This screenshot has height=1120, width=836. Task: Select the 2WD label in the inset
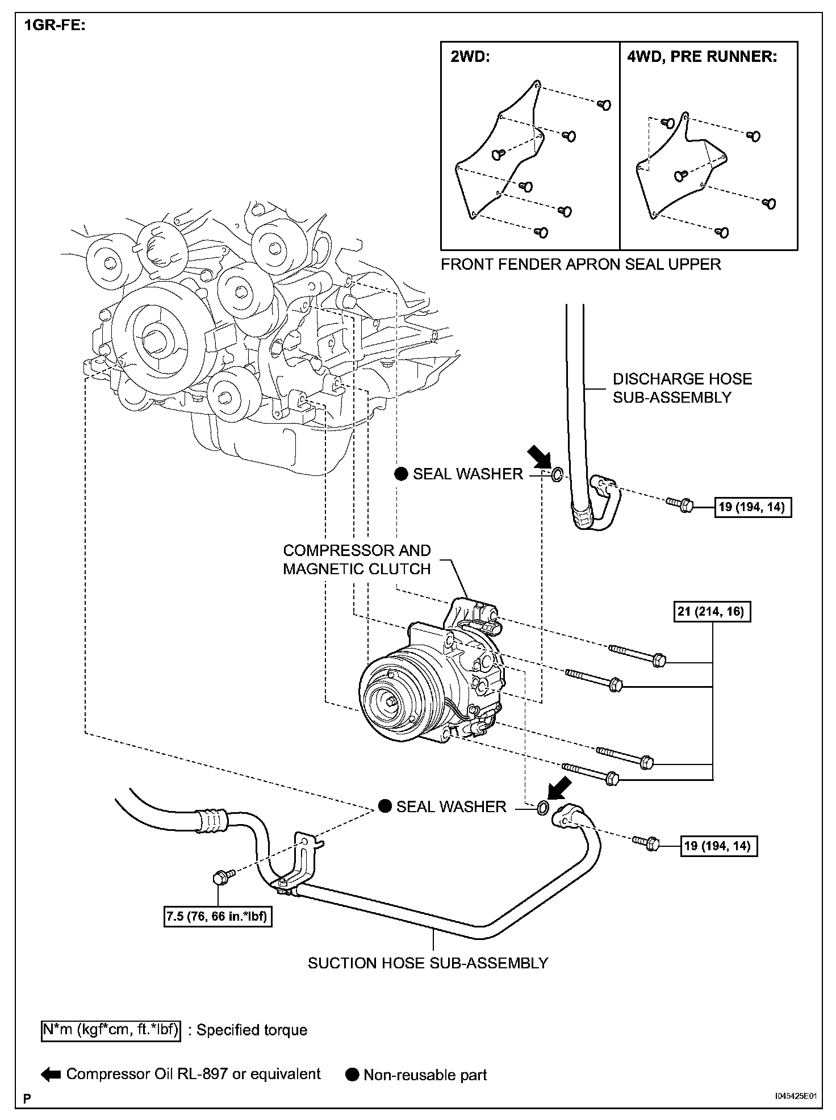470,57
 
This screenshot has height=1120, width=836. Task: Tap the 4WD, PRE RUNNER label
702,57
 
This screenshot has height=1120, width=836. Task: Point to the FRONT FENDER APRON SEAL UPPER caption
580,264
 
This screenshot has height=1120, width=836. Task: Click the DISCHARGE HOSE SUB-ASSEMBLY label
682,388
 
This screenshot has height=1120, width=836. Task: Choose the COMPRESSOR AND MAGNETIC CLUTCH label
357,559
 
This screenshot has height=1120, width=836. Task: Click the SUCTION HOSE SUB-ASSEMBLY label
428,963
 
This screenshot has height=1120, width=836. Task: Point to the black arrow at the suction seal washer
557,791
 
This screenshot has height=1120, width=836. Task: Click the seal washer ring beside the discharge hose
557,473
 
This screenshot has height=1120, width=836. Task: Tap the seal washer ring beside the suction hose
542,807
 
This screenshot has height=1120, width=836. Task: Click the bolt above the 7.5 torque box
220,877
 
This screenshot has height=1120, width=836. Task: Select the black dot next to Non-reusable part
353,1075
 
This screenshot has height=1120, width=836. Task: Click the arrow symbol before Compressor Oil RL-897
51,1075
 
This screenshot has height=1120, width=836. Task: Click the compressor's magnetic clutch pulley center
392,703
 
